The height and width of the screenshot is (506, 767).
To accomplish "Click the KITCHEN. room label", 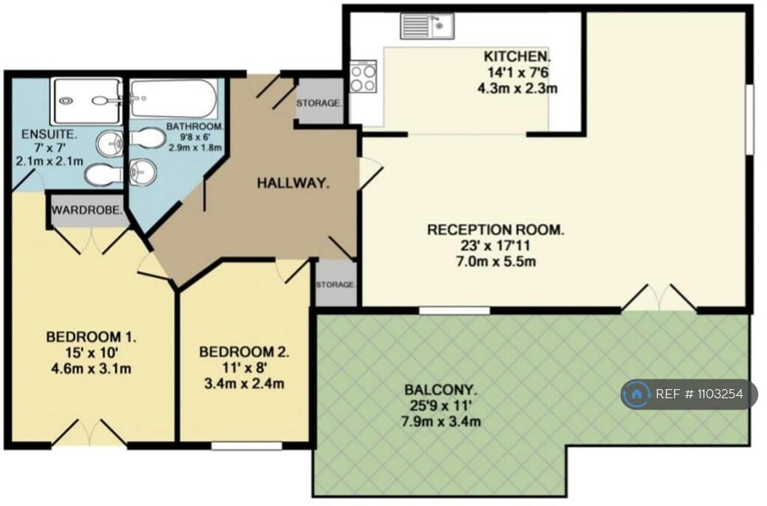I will coord(517,56).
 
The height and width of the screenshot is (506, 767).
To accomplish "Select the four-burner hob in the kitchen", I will coord(363,76).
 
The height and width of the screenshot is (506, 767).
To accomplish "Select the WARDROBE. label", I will coord(87,211).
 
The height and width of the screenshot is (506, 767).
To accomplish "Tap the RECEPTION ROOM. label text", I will coord(495,230).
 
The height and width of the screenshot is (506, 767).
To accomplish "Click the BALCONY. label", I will coord(440,390).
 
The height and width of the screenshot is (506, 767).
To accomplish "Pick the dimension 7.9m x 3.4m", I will coord(440,421).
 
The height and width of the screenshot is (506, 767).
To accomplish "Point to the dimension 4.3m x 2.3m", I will coord(517,88).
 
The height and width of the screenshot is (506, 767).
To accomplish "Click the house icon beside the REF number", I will coord(637,394).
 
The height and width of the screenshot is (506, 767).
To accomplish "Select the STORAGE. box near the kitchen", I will coord(320,102).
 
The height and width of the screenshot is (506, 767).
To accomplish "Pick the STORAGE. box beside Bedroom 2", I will coord(335,284).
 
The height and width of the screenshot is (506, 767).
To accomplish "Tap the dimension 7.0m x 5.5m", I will coord(495,261).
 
